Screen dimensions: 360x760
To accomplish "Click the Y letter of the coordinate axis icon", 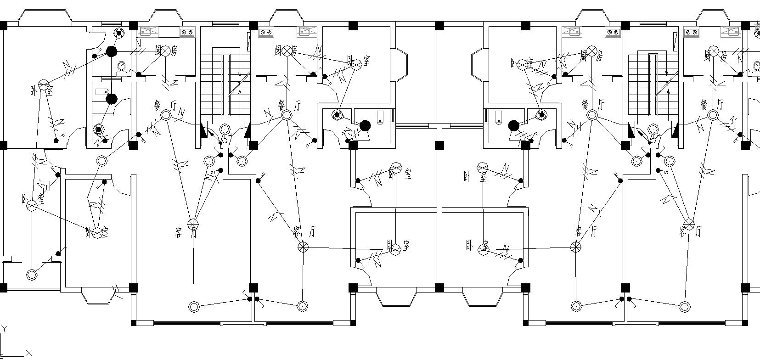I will pyautogui.click(x=4, y=329).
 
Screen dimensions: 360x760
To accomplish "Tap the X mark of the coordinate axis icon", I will pyautogui.click(x=28, y=353).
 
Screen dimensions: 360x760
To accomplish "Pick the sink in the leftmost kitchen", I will pyautogui.click(x=146, y=32).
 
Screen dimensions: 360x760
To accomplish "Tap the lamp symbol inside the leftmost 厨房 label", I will pyautogui.click(x=165, y=51).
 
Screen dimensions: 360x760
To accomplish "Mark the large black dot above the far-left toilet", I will pyautogui.click(x=111, y=51).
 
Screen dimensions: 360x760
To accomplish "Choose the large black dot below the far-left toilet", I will pyautogui.click(x=111, y=98).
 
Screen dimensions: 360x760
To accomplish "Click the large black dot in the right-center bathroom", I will pyautogui.click(x=513, y=125).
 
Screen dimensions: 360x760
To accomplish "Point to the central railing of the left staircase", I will pyautogui.click(x=225, y=84).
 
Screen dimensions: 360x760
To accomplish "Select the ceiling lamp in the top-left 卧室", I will pyautogui.click(x=44, y=85).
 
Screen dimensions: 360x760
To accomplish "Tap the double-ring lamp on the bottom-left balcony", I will pyautogui.click(x=31, y=275).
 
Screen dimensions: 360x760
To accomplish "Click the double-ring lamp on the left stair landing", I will pyautogui.click(x=225, y=129).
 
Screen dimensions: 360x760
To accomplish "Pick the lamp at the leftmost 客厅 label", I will pyautogui.click(x=193, y=225).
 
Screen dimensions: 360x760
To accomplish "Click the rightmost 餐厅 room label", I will pyautogui.click(x=711, y=105).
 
